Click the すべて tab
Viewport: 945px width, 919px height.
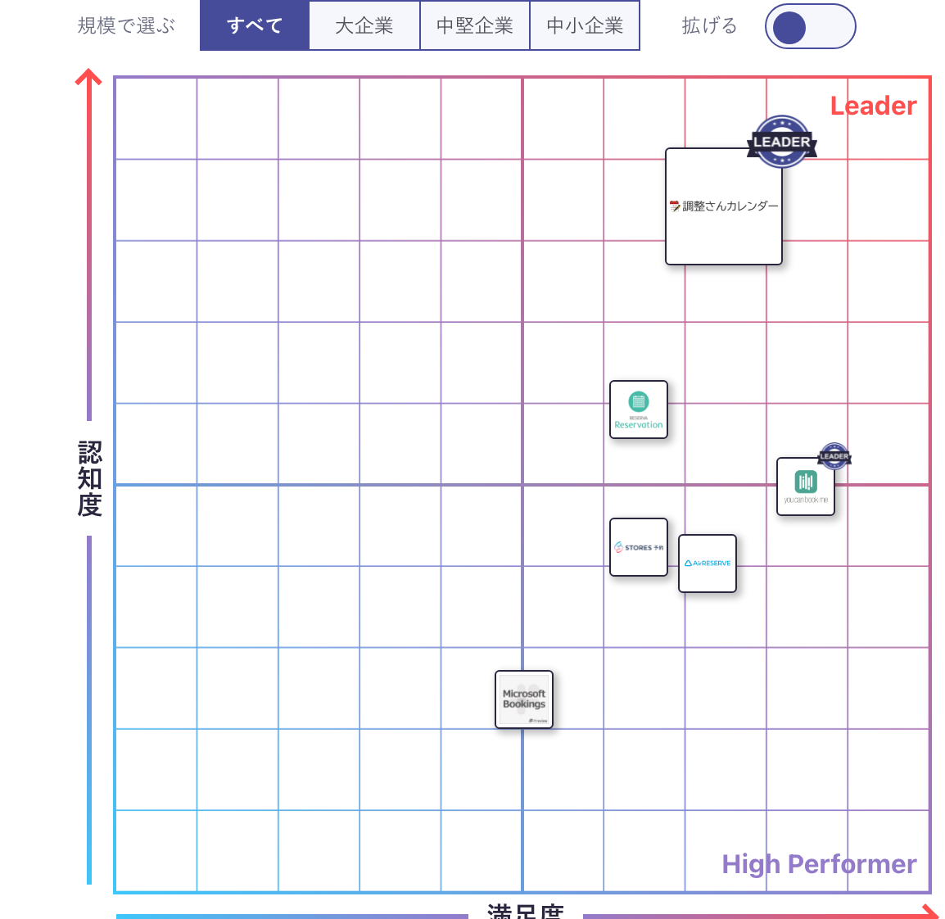click(255, 26)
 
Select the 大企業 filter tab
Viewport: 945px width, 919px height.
click(364, 26)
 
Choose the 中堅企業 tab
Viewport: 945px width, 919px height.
click(475, 26)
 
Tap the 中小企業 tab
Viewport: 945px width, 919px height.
click(585, 26)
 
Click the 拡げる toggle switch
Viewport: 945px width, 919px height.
click(810, 27)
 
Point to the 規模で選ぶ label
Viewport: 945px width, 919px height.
click(127, 26)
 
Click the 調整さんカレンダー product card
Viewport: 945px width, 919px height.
click(724, 206)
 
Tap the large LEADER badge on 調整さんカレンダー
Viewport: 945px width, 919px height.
click(782, 142)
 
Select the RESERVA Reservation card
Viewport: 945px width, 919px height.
click(639, 410)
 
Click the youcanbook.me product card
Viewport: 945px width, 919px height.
click(806, 487)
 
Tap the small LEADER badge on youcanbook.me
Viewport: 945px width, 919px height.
click(834, 456)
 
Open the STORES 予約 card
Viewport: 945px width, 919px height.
click(639, 547)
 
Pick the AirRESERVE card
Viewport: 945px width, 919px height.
click(708, 564)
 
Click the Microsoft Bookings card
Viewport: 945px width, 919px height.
click(524, 699)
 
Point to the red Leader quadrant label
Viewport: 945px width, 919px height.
click(873, 106)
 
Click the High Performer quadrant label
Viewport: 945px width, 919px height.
click(819, 864)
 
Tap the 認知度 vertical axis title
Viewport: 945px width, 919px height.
click(89, 479)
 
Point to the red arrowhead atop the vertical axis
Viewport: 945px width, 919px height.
click(88, 78)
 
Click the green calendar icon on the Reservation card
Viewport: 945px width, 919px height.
click(639, 401)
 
